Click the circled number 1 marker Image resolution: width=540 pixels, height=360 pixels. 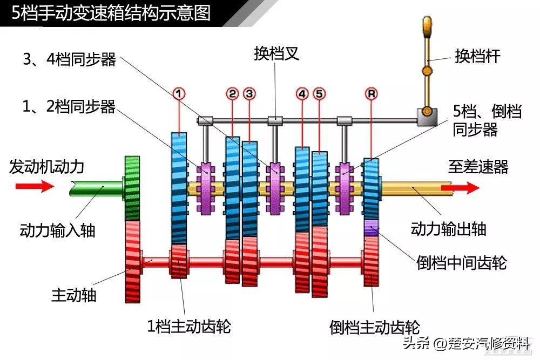point(179,93)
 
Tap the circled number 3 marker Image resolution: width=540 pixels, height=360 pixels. point(249,93)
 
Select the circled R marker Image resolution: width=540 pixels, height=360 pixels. point(372,93)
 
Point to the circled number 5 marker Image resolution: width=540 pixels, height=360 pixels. point(319,93)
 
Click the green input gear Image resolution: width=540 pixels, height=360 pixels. point(132,188)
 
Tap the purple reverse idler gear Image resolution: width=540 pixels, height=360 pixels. point(372,227)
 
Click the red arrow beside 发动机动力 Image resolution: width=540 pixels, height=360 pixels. point(35,186)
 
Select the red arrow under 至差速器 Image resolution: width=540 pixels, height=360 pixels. point(460,188)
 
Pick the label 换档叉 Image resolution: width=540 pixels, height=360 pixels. point(276,53)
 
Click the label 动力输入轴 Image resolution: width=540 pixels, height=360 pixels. point(57,230)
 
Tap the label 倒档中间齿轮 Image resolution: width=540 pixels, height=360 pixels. point(462,262)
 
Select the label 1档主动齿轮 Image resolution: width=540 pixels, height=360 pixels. point(188,325)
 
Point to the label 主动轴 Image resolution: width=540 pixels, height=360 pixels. point(73,295)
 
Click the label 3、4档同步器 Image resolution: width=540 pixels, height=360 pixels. point(69,59)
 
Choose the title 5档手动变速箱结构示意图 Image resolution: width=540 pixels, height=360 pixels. point(111,13)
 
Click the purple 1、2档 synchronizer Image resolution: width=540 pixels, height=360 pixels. point(206,188)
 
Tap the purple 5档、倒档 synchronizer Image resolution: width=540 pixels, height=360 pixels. point(345,188)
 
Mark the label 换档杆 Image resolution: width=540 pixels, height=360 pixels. point(477,56)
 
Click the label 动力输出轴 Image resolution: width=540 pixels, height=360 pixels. point(448,228)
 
